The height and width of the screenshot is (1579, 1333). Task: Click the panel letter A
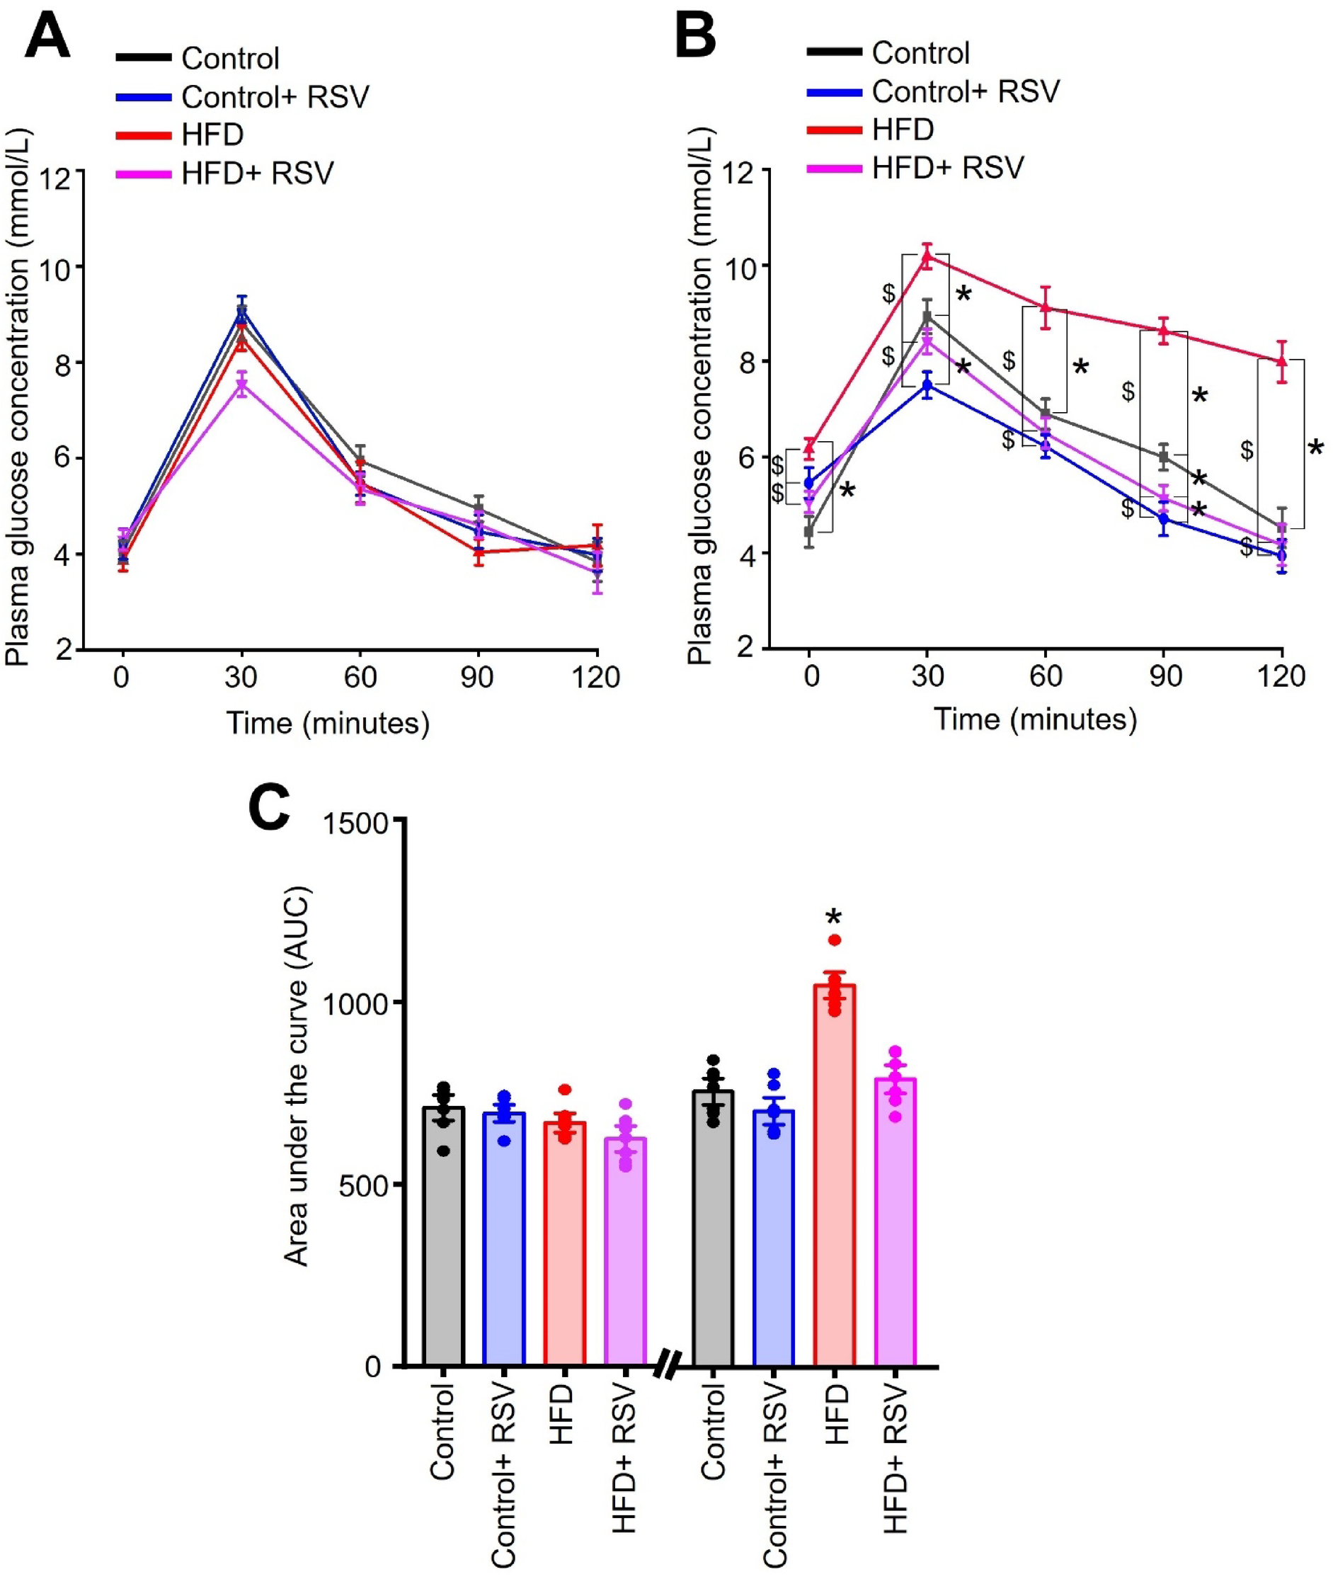(x=47, y=35)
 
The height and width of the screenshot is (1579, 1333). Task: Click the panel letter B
(x=694, y=35)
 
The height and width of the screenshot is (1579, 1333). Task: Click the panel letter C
(x=270, y=808)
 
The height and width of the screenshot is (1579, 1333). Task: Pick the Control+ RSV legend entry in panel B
(x=965, y=91)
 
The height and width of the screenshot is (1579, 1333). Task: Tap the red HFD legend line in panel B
(x=834, y=130)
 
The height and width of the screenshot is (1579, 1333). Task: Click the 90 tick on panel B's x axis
(x=1165, y=675)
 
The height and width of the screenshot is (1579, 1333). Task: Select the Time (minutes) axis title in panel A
(x=328, y=724)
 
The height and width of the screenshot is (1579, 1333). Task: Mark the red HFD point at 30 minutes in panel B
(x=927, y=256)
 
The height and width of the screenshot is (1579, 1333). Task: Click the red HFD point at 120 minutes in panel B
(x=1281, y=361)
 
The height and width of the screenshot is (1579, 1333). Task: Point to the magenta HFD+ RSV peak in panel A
(x=242, y=384)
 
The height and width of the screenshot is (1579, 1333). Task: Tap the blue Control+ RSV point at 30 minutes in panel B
(x=927, y=385)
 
